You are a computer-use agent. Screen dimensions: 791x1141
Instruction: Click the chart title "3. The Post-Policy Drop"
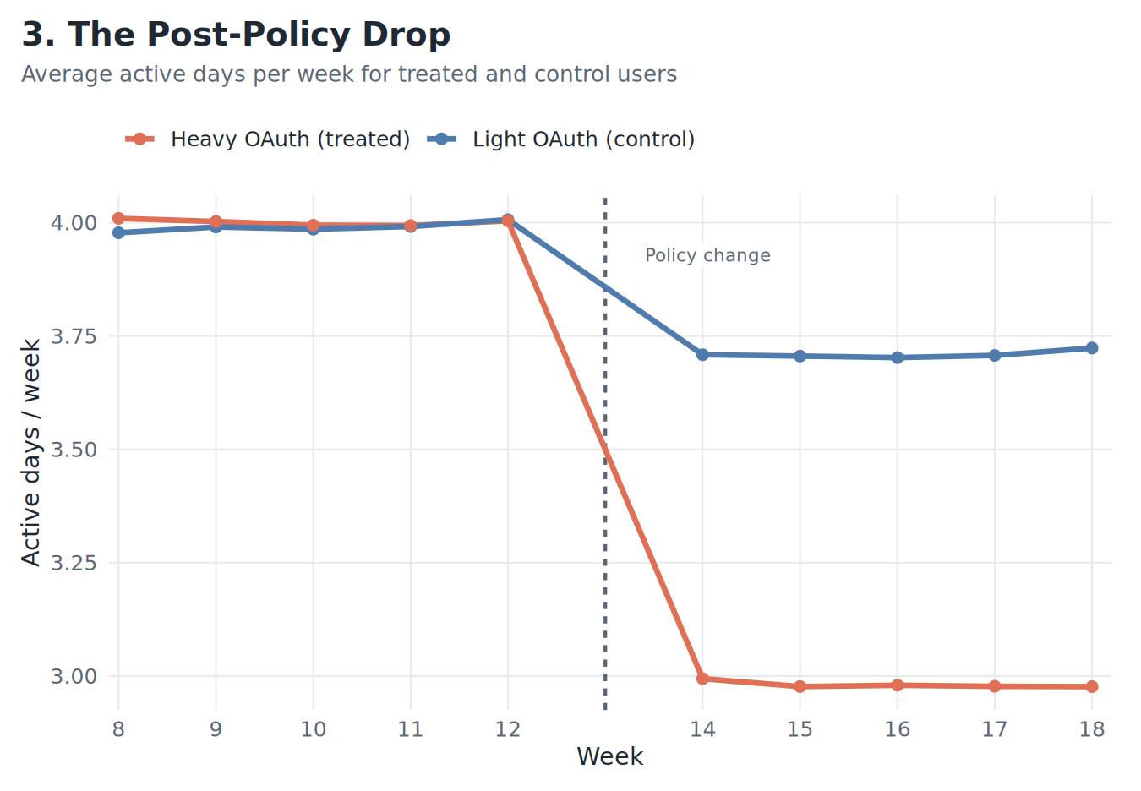point(236,35)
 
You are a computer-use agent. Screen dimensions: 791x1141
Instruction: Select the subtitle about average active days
point(349,74)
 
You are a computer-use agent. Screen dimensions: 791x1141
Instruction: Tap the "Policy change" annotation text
point(707,255)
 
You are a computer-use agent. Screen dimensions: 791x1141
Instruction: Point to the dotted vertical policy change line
point(605,507)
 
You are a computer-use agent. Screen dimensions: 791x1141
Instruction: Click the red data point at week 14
point(702,679)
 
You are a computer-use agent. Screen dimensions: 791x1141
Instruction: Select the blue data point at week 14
point(702,355)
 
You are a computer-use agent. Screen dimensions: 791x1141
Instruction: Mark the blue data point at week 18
point(1092,348)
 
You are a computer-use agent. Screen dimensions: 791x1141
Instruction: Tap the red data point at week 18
point(1092,686)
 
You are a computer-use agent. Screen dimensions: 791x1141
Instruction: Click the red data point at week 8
point(118,219)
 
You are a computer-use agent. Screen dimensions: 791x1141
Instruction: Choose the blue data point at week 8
point(118,232)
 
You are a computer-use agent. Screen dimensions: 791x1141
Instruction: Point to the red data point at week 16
point(898,685)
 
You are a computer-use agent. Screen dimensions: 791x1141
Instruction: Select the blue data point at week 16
point(898,357)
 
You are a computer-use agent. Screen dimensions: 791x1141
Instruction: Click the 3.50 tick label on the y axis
point(74,450)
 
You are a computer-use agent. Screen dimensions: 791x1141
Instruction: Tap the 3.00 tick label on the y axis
point(74,676)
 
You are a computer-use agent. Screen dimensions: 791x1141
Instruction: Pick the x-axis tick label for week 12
point(508,729)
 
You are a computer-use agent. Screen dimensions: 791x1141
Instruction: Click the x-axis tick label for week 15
point(800,729)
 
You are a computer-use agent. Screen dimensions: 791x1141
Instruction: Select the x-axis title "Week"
point(609,756)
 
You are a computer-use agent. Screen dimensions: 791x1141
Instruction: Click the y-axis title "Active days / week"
point(31,452)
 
